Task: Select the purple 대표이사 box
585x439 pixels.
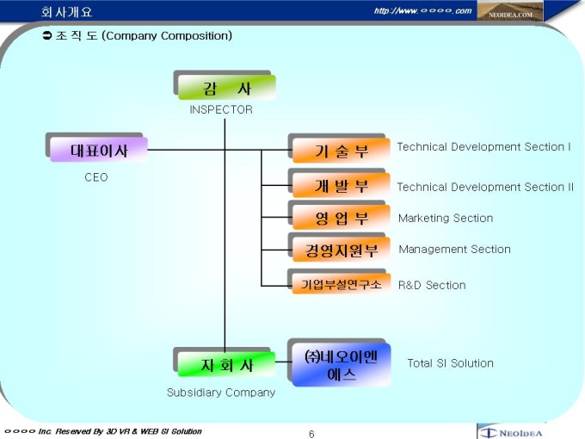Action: (x=99, y=150)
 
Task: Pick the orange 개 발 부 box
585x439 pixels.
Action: (x=341, y=185)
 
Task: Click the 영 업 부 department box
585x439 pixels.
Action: (x=341, y=218)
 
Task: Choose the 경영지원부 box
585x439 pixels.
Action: (x=341, y=250)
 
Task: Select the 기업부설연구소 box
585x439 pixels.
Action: (x=341, y=284)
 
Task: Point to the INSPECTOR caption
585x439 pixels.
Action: (x=221, y=110)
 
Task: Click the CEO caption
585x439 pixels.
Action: (x=96, y=177)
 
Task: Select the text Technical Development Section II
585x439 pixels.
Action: (x=484, y=187)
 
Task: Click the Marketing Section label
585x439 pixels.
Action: (x=445, y=219)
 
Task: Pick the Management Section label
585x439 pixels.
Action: (x=454, y=250)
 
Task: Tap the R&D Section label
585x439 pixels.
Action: (x=432, y=285)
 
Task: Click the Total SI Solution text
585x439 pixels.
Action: (x=450, y=363)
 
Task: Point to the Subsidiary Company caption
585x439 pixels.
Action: (x=221, y=393)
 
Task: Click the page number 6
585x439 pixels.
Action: (x=311, y=434)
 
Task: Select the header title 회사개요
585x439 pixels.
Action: (x=66, y=11)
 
